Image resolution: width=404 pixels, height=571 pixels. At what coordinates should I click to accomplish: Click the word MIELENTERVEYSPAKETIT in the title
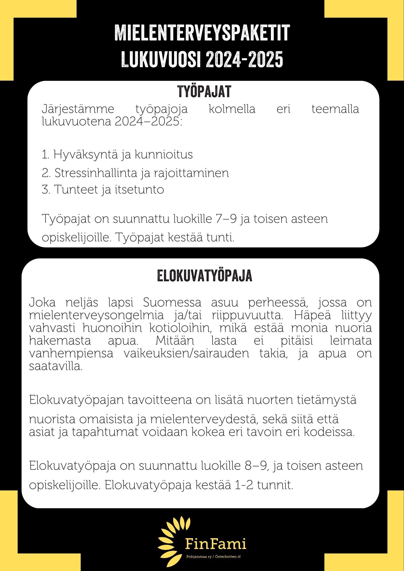coord(202,33)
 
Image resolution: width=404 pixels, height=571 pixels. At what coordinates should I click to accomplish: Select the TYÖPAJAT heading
coord(204,92)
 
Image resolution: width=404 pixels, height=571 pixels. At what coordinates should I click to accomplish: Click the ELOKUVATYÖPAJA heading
coord(205,275)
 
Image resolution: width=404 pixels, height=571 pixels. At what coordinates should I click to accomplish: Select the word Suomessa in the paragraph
coord(172,303)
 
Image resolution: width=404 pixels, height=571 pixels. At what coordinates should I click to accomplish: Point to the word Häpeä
coord(312,315)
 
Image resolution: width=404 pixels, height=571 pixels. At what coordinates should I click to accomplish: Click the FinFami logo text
coord(216,544)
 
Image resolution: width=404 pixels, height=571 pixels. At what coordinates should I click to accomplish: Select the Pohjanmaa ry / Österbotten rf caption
coord(213,557)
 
